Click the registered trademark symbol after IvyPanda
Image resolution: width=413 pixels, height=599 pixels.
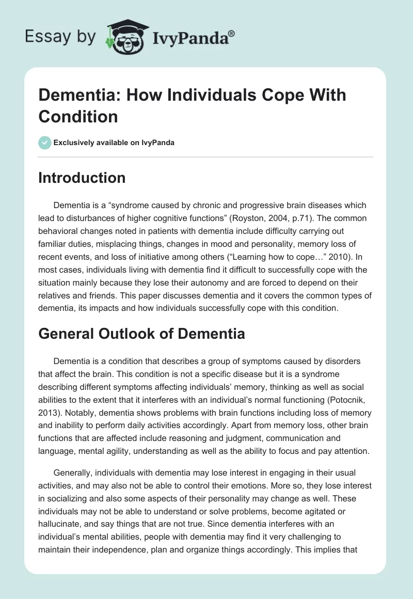coord(231,34)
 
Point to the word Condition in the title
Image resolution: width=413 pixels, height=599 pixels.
coord(78,116)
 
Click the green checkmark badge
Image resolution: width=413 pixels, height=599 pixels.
coord(45,143)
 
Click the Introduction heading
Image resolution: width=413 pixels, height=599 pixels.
coord(82,178)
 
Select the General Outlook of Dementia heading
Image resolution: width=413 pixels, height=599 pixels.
coord(141,334)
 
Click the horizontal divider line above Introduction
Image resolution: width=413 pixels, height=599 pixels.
coord(206,157)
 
